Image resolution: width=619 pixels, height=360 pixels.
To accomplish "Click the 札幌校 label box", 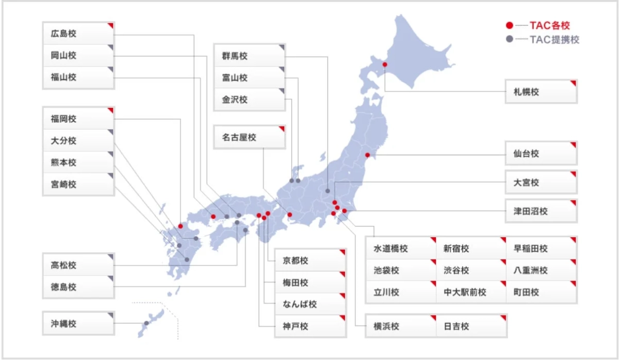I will (541, 92).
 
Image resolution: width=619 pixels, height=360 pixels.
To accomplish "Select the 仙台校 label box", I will (541, 153).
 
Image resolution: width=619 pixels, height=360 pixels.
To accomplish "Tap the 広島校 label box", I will (78, 34).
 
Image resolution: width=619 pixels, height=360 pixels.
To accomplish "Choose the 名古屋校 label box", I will (250, 137).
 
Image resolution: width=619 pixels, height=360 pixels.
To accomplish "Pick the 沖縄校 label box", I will (78, 324).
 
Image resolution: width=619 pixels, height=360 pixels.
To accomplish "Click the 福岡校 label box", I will (78, 119).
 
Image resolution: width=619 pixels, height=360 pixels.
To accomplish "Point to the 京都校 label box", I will (310, 260).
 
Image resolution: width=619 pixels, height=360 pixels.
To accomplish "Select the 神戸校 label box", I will (310, 326).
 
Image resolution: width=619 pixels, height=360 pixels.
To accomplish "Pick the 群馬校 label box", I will (250, 56).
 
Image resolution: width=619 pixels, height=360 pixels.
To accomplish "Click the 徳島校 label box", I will (78, 287).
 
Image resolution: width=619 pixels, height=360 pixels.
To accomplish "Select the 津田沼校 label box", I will (541, 211).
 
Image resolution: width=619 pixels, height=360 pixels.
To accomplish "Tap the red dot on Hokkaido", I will (384, 65).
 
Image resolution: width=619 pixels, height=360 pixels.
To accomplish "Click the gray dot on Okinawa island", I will (146, 323).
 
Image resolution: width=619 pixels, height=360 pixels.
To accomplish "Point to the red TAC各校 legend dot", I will (509, 25).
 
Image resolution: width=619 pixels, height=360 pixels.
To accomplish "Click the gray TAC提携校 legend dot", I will (509, 39).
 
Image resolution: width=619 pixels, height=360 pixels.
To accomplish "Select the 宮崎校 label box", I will (78, 184).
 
